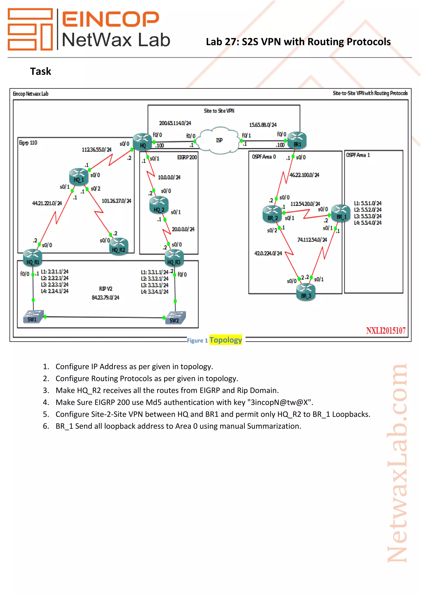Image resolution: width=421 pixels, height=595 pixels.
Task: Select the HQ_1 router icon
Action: (x=79, y=177)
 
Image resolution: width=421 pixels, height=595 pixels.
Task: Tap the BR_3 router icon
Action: (x=306, y=292)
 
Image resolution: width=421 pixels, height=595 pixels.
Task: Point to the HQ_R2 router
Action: (x=119, y=247)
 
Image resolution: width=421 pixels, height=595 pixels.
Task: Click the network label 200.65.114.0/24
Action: (x=175, y=123)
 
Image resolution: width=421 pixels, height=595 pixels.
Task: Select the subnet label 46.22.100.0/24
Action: (x=304, y=175)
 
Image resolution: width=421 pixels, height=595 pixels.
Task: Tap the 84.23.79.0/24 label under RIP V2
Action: (x=105, y=297)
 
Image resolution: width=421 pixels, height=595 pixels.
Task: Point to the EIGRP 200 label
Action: (x=187, y=157)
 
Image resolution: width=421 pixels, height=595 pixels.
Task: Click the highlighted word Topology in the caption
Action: (x=226, y=340)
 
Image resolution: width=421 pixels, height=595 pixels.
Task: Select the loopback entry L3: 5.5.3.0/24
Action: (x=368, y=216)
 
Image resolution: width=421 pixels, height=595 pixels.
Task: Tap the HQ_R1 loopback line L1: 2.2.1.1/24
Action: (x=55, y=272)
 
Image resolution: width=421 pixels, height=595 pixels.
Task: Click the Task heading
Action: (x=40, y=71)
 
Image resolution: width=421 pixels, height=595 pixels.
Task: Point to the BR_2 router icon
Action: (x=272, y=214)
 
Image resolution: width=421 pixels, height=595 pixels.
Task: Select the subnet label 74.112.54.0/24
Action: (x=312, y=240)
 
